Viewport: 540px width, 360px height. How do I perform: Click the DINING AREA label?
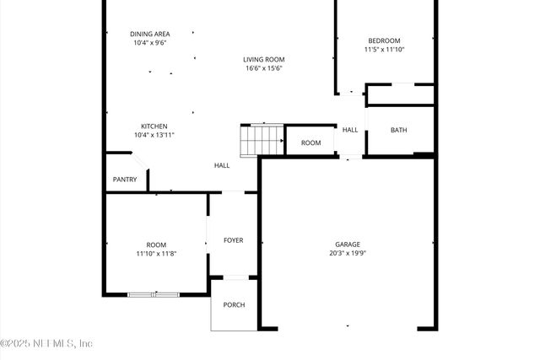(x=150, y=34)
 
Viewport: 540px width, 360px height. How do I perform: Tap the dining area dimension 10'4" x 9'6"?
(x=150, y=43)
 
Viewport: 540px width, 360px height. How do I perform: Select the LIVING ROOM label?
(x=264, y=59)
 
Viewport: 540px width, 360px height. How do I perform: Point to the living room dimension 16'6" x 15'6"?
(x=264, y=68)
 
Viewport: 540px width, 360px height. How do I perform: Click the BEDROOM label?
(x=384, y=40)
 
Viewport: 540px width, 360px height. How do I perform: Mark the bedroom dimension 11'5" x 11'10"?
(x=384, y=50)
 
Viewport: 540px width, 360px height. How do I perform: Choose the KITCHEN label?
(x=154, y=126)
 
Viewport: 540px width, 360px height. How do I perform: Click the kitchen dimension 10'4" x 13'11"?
(x=154, y=135)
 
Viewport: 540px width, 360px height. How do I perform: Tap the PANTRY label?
(x=125, y=180)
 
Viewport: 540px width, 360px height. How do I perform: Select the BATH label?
(x=399, y=130)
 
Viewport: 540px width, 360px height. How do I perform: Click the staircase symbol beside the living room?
(x=262, y=140)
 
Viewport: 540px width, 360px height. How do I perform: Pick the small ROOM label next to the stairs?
(x=311, y=143)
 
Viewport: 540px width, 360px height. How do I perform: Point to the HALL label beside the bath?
(x=350, y=130)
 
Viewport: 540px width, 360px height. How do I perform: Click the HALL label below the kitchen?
(x=222, y=165)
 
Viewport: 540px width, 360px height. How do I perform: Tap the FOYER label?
(x=233, y=240)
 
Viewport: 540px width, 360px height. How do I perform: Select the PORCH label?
(x=234, y=304)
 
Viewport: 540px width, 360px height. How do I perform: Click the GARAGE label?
(x=348, y=244)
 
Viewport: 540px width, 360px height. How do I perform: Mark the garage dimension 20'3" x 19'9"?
(x=348, y=253)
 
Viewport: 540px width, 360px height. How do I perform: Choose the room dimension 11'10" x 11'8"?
(x=156, y=253)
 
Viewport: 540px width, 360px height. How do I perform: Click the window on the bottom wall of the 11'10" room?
(x=154, y=294)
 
